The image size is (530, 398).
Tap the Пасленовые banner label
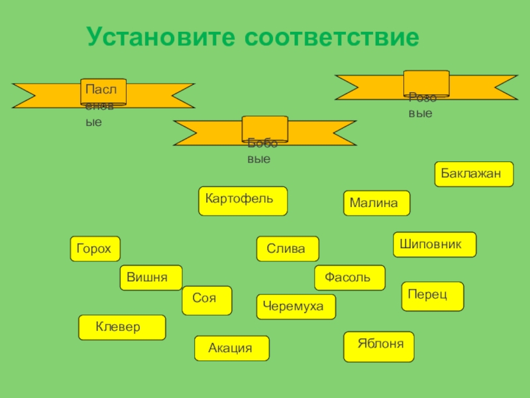103,93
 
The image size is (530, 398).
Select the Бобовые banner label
264,130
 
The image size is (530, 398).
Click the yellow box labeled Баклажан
474,173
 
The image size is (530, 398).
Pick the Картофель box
243,201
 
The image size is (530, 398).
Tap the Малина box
376,203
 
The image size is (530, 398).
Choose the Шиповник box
435,244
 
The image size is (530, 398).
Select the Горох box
95,249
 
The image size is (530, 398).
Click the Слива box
288,249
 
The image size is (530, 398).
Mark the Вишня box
151,277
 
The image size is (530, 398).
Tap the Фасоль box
350,277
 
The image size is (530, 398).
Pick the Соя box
207,300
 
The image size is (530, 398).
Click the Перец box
433,296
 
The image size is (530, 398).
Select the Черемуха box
295,306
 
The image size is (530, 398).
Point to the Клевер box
122,327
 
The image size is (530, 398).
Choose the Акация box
232,348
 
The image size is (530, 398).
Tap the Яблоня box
378,346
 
